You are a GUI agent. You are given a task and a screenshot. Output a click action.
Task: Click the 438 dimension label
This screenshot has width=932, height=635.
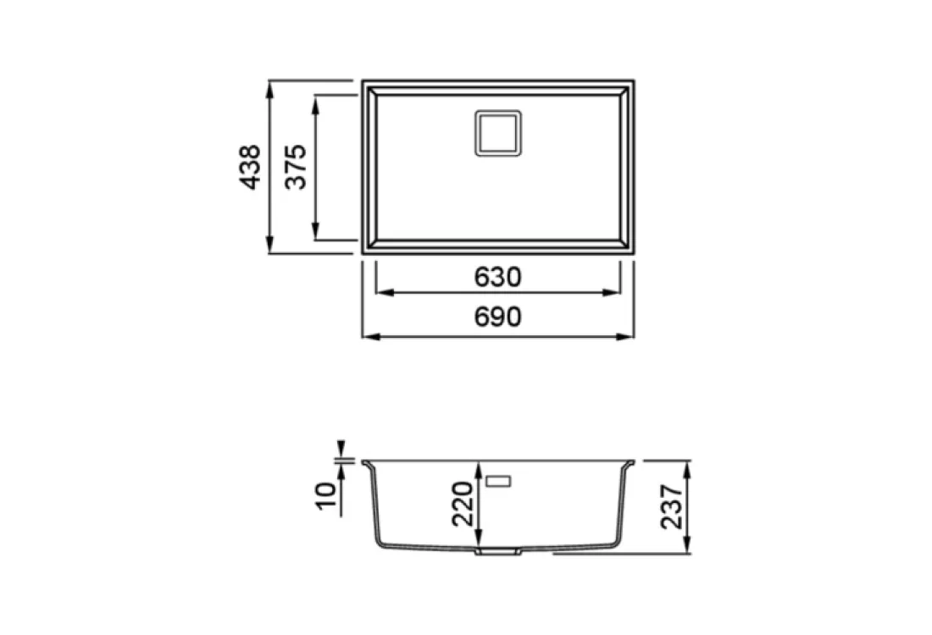point(250,168)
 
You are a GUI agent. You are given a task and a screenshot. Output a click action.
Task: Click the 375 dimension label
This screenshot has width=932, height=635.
point(296,168)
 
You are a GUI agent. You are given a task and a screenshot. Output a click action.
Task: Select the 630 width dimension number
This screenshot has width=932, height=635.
point(498,277)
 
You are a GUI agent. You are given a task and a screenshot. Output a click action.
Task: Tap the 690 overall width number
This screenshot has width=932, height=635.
point(498,317)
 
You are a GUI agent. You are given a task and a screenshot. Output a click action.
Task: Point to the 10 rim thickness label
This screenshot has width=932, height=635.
point(325,496)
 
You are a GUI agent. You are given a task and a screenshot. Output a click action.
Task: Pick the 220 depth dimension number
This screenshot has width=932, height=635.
point(463,504)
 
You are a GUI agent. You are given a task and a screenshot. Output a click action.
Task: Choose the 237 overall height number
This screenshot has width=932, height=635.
point(672,506)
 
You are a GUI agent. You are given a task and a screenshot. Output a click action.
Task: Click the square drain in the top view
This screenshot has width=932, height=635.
point(498,133)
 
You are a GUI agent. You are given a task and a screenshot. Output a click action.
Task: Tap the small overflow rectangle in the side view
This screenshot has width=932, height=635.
point(498,481)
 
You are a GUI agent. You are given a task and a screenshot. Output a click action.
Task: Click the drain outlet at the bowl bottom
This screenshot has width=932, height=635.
point(498,552)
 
